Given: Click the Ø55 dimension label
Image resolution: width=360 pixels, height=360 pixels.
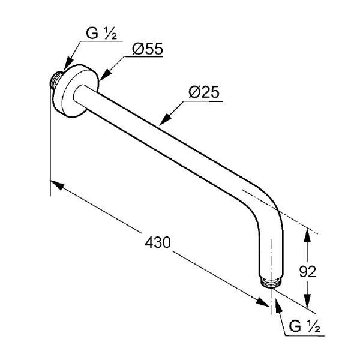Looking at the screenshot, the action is click(x=148, y=49).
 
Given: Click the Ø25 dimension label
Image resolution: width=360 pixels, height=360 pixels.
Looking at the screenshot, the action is click(x=204, y=92).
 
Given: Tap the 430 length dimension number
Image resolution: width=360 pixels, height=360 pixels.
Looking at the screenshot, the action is click(x=158, y=242).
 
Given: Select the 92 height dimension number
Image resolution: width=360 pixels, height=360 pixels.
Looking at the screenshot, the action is click(x=308, y=272).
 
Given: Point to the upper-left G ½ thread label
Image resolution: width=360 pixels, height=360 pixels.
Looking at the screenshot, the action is click(x=101, y=34).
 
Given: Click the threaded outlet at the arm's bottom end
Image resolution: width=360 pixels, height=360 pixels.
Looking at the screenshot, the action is click(x=271, y=283).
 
